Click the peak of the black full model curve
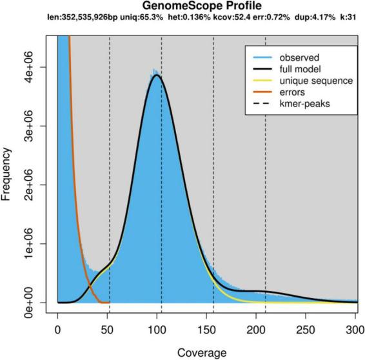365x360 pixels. coord(157,75)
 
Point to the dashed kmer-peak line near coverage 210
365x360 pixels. coord(265,194)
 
